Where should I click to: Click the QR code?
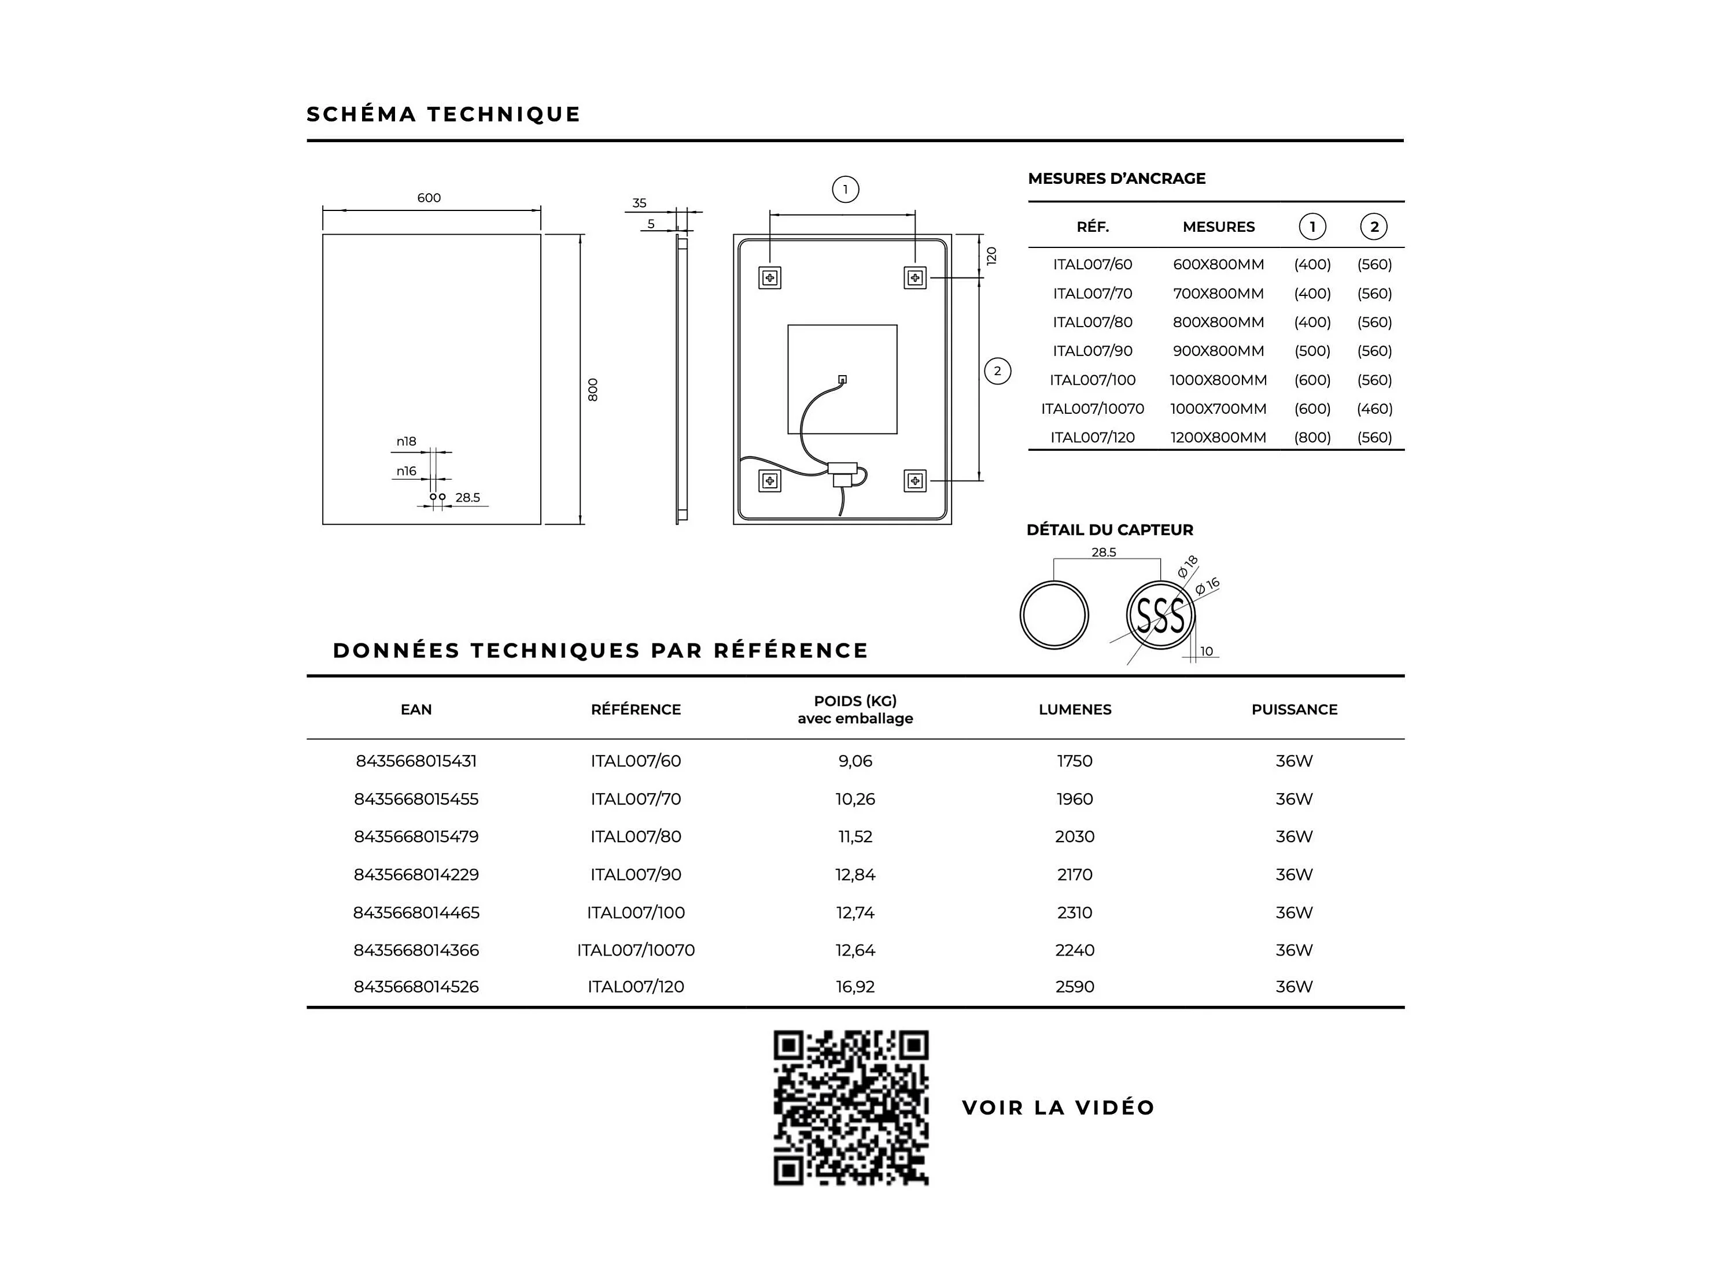click(x=850, y=1107)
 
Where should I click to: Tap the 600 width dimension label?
click(x=429, y=198)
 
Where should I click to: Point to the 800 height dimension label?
click(x=593, y=389)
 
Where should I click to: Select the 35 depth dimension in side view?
click(x=639, y=203)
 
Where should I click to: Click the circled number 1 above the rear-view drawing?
click(x=845, y=189)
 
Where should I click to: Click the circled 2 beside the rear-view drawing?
click(x=997, y=371)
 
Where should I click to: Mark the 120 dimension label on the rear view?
click(x=991, y=255)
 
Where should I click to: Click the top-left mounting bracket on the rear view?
click(x=770, y=277)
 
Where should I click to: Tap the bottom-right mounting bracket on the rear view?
click(x=915, y=480)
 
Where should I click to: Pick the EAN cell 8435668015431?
click(x=416, y=761)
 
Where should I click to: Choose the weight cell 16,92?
click(x=855, y=987)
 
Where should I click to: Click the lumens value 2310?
click(x=1075, y=912)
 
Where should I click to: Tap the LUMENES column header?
click(x=1075, y=709)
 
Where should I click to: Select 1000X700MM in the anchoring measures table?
click(x=1218, y=409)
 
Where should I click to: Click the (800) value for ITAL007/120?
click(x=1312, y=437)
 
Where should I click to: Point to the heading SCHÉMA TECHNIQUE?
click(x=444, y=114)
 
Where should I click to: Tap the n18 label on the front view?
click(x=406, y=441)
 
